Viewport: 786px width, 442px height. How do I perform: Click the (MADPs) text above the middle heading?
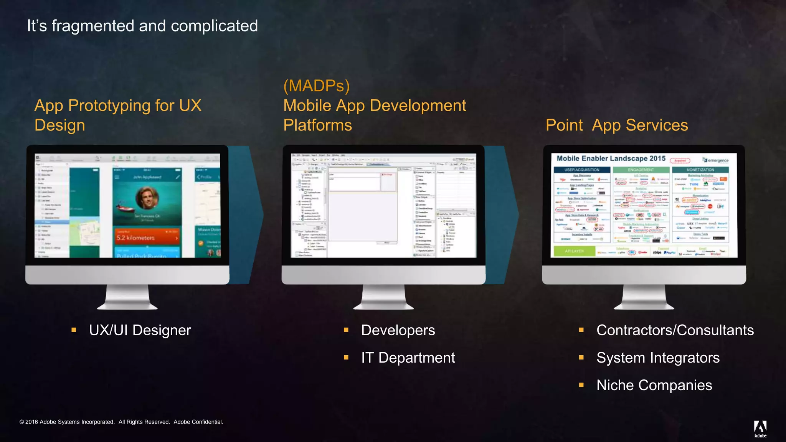(316, 86)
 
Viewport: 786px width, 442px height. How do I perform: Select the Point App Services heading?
(617, 125)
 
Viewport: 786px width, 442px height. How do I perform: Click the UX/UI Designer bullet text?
(140, 330)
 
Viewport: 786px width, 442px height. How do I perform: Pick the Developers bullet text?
(398, 330)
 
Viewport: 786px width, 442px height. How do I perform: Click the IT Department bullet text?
(408, 358)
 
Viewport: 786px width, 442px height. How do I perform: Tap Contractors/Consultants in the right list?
(675, 330)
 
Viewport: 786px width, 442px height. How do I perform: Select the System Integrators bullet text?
(658, 358)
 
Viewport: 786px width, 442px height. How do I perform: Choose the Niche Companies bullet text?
(654, 385)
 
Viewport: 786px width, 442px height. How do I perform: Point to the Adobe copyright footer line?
(121, 422)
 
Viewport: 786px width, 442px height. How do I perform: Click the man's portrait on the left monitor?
(147, 198)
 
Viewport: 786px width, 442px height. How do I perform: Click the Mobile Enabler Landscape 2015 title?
(611, 158)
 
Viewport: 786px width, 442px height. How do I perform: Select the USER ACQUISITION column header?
(581, 170)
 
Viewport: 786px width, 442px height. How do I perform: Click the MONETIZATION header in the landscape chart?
(700, 170)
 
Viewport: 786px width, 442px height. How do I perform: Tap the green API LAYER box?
(574, 251)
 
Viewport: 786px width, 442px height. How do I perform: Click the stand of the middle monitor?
(383, 297)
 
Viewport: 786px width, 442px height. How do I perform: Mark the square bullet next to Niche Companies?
(581, 385)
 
